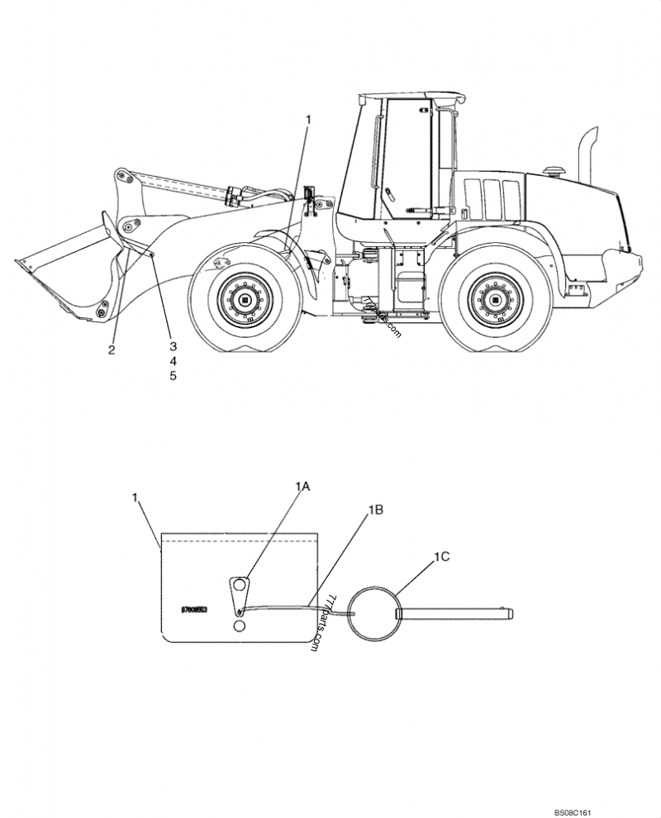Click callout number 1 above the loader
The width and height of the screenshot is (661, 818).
coord(308,121)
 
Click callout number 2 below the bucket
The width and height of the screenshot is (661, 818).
coord(112,350)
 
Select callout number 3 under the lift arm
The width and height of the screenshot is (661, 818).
coord(174,346)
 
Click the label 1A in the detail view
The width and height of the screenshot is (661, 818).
coord(302,487)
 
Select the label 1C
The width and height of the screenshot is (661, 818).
coord(441,557)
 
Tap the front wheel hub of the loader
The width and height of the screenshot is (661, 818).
coord(245,299)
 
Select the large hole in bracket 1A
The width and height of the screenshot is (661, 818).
coord(239,586)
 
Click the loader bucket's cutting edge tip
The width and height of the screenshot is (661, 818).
coord(19,263)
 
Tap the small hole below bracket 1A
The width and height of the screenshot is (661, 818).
coord(239,627)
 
